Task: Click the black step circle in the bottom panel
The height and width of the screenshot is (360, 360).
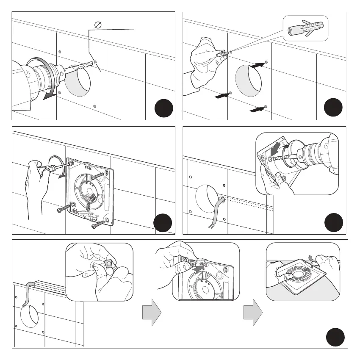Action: point(335,337)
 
